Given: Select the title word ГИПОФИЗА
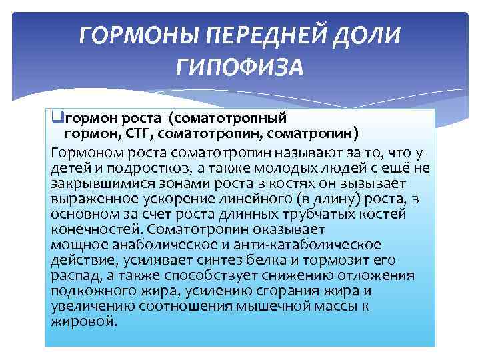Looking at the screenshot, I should (240, 66).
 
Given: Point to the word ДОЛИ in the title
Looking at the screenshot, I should (367, 34).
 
